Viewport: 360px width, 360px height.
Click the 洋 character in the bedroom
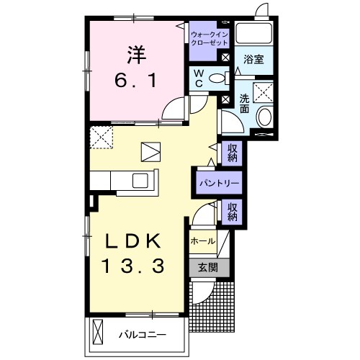[x=136, y=55]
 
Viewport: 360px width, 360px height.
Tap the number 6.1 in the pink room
[x=136, y=80]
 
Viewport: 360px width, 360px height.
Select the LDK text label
[x=133, y=241]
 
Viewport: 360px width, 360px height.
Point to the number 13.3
[x=133, y=266]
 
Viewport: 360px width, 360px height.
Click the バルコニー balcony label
[x=143, y=335]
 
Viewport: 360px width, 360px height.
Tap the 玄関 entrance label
[x=208, y=267]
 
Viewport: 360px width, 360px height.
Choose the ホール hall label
[x=203, y=241]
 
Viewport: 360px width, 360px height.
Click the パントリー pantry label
[x=220, y=184]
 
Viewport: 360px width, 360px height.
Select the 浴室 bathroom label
[x=254, y=59]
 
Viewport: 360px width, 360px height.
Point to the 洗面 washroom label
[x=245, y=104]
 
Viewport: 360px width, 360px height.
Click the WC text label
[x=199, y=78]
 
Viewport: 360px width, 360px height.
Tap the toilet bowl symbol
[x=219, y=78]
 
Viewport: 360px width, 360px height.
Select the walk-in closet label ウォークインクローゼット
[x=210, y=39]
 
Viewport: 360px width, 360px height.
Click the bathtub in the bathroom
[x=254, y=33]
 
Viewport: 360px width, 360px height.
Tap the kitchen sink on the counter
[x=140, y=181]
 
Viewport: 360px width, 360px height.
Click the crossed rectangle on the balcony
[x=97, y=332]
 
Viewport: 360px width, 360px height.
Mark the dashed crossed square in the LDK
[x=102, y=138]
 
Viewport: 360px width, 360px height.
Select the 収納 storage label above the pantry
[x=233, y=153]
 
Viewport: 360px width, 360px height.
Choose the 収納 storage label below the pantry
[x=233, y=212]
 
